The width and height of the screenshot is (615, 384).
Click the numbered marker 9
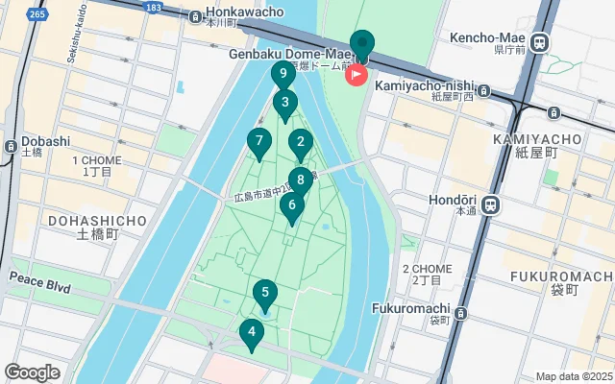[283, 75]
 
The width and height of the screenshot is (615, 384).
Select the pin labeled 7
[258, 143]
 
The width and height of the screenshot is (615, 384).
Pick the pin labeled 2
[300, 145]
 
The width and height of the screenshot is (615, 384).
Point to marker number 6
[292, 205]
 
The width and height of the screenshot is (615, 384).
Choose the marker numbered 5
[265, 293]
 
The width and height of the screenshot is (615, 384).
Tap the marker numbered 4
[251, 335]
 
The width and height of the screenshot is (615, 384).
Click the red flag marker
[357, 74]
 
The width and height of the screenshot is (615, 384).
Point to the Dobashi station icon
[10, 147]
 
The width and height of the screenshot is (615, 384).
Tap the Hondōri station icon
[490, 204]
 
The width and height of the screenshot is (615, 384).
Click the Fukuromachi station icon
[462, 312]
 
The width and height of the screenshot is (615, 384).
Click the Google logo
[33, 372]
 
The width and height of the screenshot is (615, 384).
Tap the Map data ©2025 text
[573, 377]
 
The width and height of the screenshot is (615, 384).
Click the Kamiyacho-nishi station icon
[483, 91]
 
